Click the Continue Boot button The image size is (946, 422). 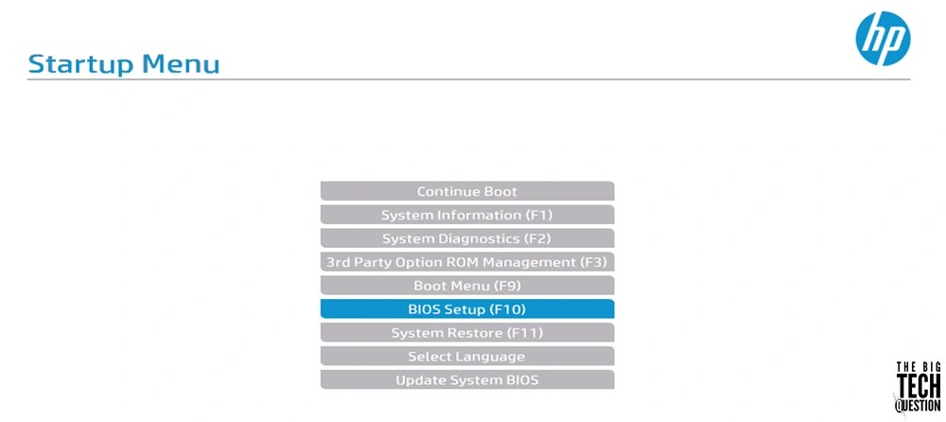(x=467, y=191)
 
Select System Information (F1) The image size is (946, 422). (x=467, y=215)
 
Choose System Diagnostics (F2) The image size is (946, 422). (x=467, y=238)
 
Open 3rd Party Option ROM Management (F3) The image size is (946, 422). (x=467, y=262)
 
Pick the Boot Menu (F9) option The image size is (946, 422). (x=467, y=286)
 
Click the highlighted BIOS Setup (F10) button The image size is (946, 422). (x=467, y=309)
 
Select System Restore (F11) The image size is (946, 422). (x=467, y=333)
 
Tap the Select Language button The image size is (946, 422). (x=467, y=357)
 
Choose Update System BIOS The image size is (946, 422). (x=467, y=380)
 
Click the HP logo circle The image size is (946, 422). (x=883, y=39)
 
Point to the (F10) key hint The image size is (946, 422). (x=507, y=309)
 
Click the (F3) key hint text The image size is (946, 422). (x=593, y=262)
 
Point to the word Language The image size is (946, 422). (x=489, y=357)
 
